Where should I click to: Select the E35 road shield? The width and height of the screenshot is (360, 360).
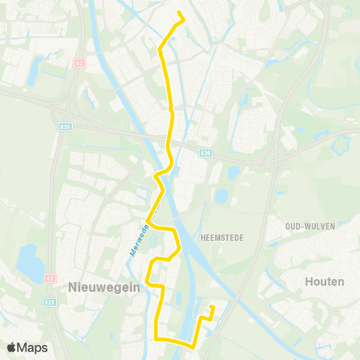tap(65, 127)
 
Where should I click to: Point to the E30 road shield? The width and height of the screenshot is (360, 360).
tap(205, 153)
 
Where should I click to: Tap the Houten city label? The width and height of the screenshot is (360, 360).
tap(325, 282)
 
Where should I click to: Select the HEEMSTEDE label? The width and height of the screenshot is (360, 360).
tap(220, 236)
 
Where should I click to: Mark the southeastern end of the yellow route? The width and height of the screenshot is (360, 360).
tap(213, 306)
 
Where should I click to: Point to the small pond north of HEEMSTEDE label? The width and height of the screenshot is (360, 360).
tap(221, 196)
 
